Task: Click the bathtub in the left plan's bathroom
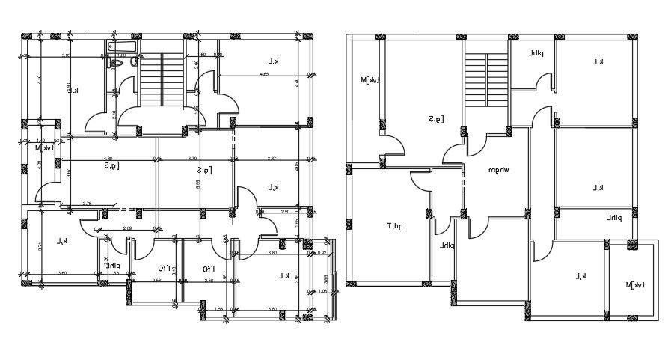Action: (x=123, y=48)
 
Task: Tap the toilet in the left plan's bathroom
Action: (x=116, y=64)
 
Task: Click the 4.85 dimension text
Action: (x=264, y=74)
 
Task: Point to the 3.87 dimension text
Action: (x=272, y=158)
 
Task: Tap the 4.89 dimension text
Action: (x=108, y=158)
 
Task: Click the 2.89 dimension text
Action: (x=127, y=228)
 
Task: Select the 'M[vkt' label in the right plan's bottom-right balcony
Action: (x=635, y=284)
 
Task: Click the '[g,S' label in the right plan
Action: (x=437, y=118)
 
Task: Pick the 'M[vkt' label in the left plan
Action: (x=44, y=147)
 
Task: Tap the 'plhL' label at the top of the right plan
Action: (x=536, y=54)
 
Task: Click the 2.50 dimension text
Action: (x=285, y=212)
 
